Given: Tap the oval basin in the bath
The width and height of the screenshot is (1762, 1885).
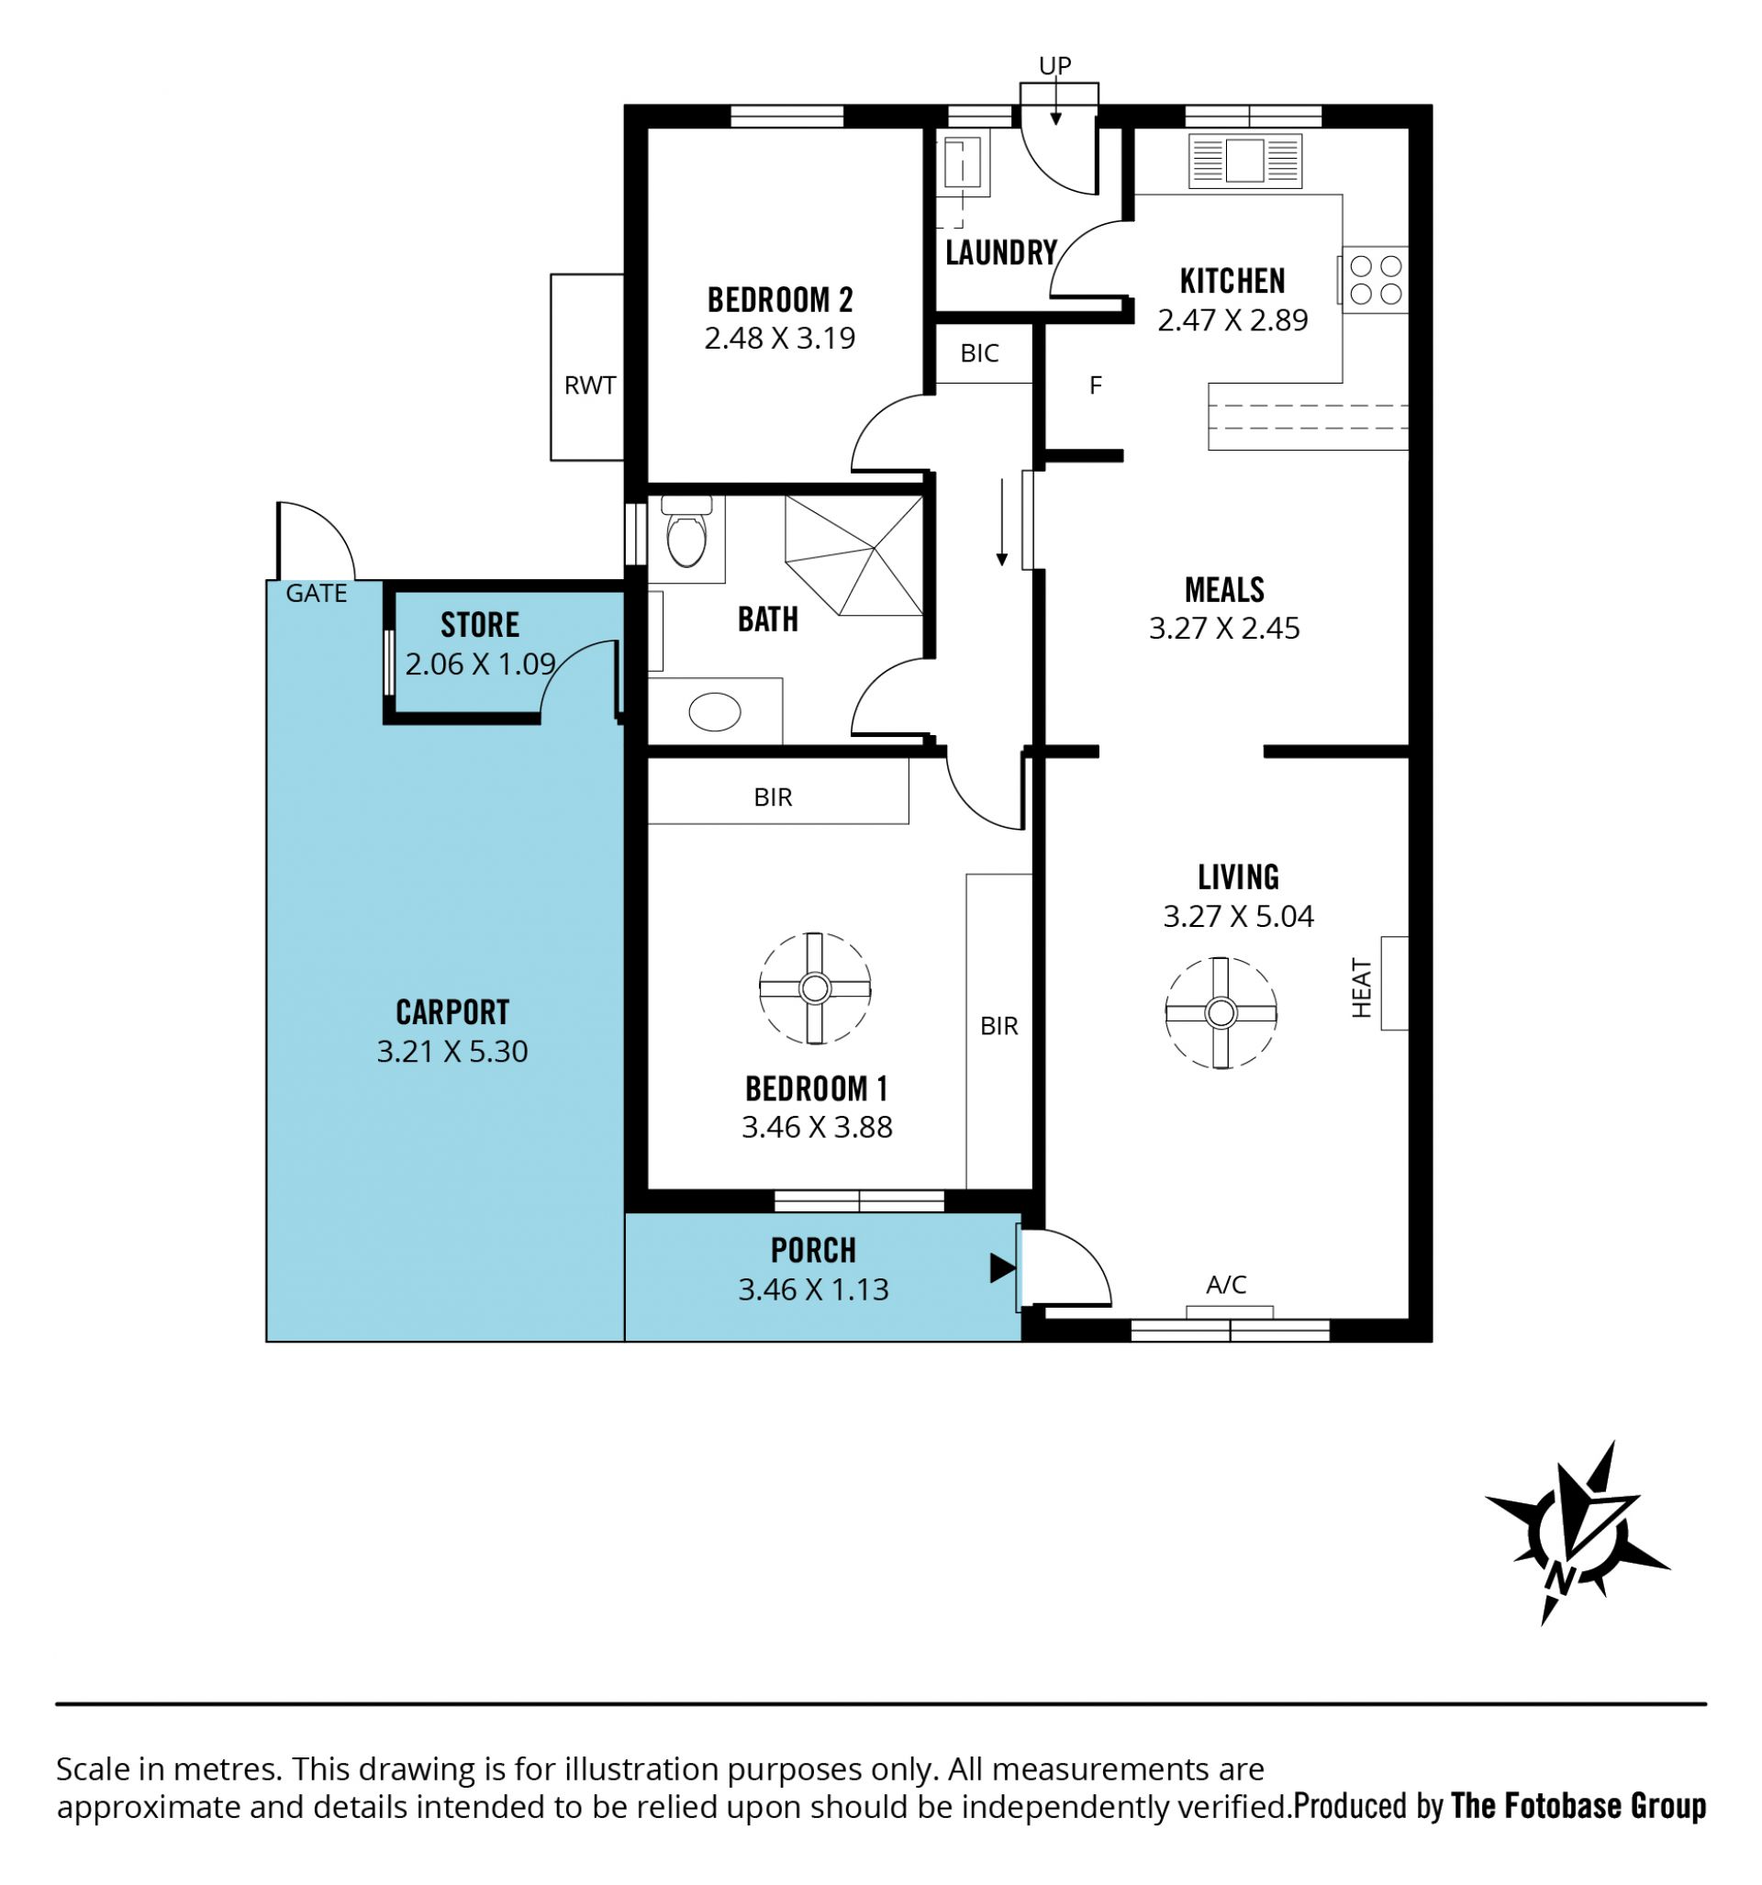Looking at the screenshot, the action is (x=714, y=711).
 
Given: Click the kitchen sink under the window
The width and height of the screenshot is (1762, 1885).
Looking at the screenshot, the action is (x=1244, y=161).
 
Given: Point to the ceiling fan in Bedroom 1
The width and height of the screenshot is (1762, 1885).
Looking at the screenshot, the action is (x=815, y=988).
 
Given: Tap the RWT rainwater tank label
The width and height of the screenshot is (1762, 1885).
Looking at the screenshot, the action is (x=590, y=385).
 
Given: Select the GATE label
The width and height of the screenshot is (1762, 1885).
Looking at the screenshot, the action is (x=316, y=593).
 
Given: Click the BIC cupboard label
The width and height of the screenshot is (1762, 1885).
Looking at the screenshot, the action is (x=979, y=352).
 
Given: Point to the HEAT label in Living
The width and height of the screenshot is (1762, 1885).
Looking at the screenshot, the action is (x=1361, y=988).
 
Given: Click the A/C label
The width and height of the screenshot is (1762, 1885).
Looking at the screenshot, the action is (x=1226, y=1284).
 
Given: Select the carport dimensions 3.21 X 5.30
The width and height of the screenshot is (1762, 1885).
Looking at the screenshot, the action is (x=452, y=1051).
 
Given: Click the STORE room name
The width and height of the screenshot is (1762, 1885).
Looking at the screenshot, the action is (x=480, y=625).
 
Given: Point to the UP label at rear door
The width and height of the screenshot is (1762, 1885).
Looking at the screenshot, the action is (x=1054, y=65).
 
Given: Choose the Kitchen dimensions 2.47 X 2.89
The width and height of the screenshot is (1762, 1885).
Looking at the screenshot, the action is (x=1232, y=319).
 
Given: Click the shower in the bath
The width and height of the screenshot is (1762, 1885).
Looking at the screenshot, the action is (x=853, y=555).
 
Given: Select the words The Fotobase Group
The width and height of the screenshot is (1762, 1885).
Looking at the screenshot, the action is (x=1579, y=1805).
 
